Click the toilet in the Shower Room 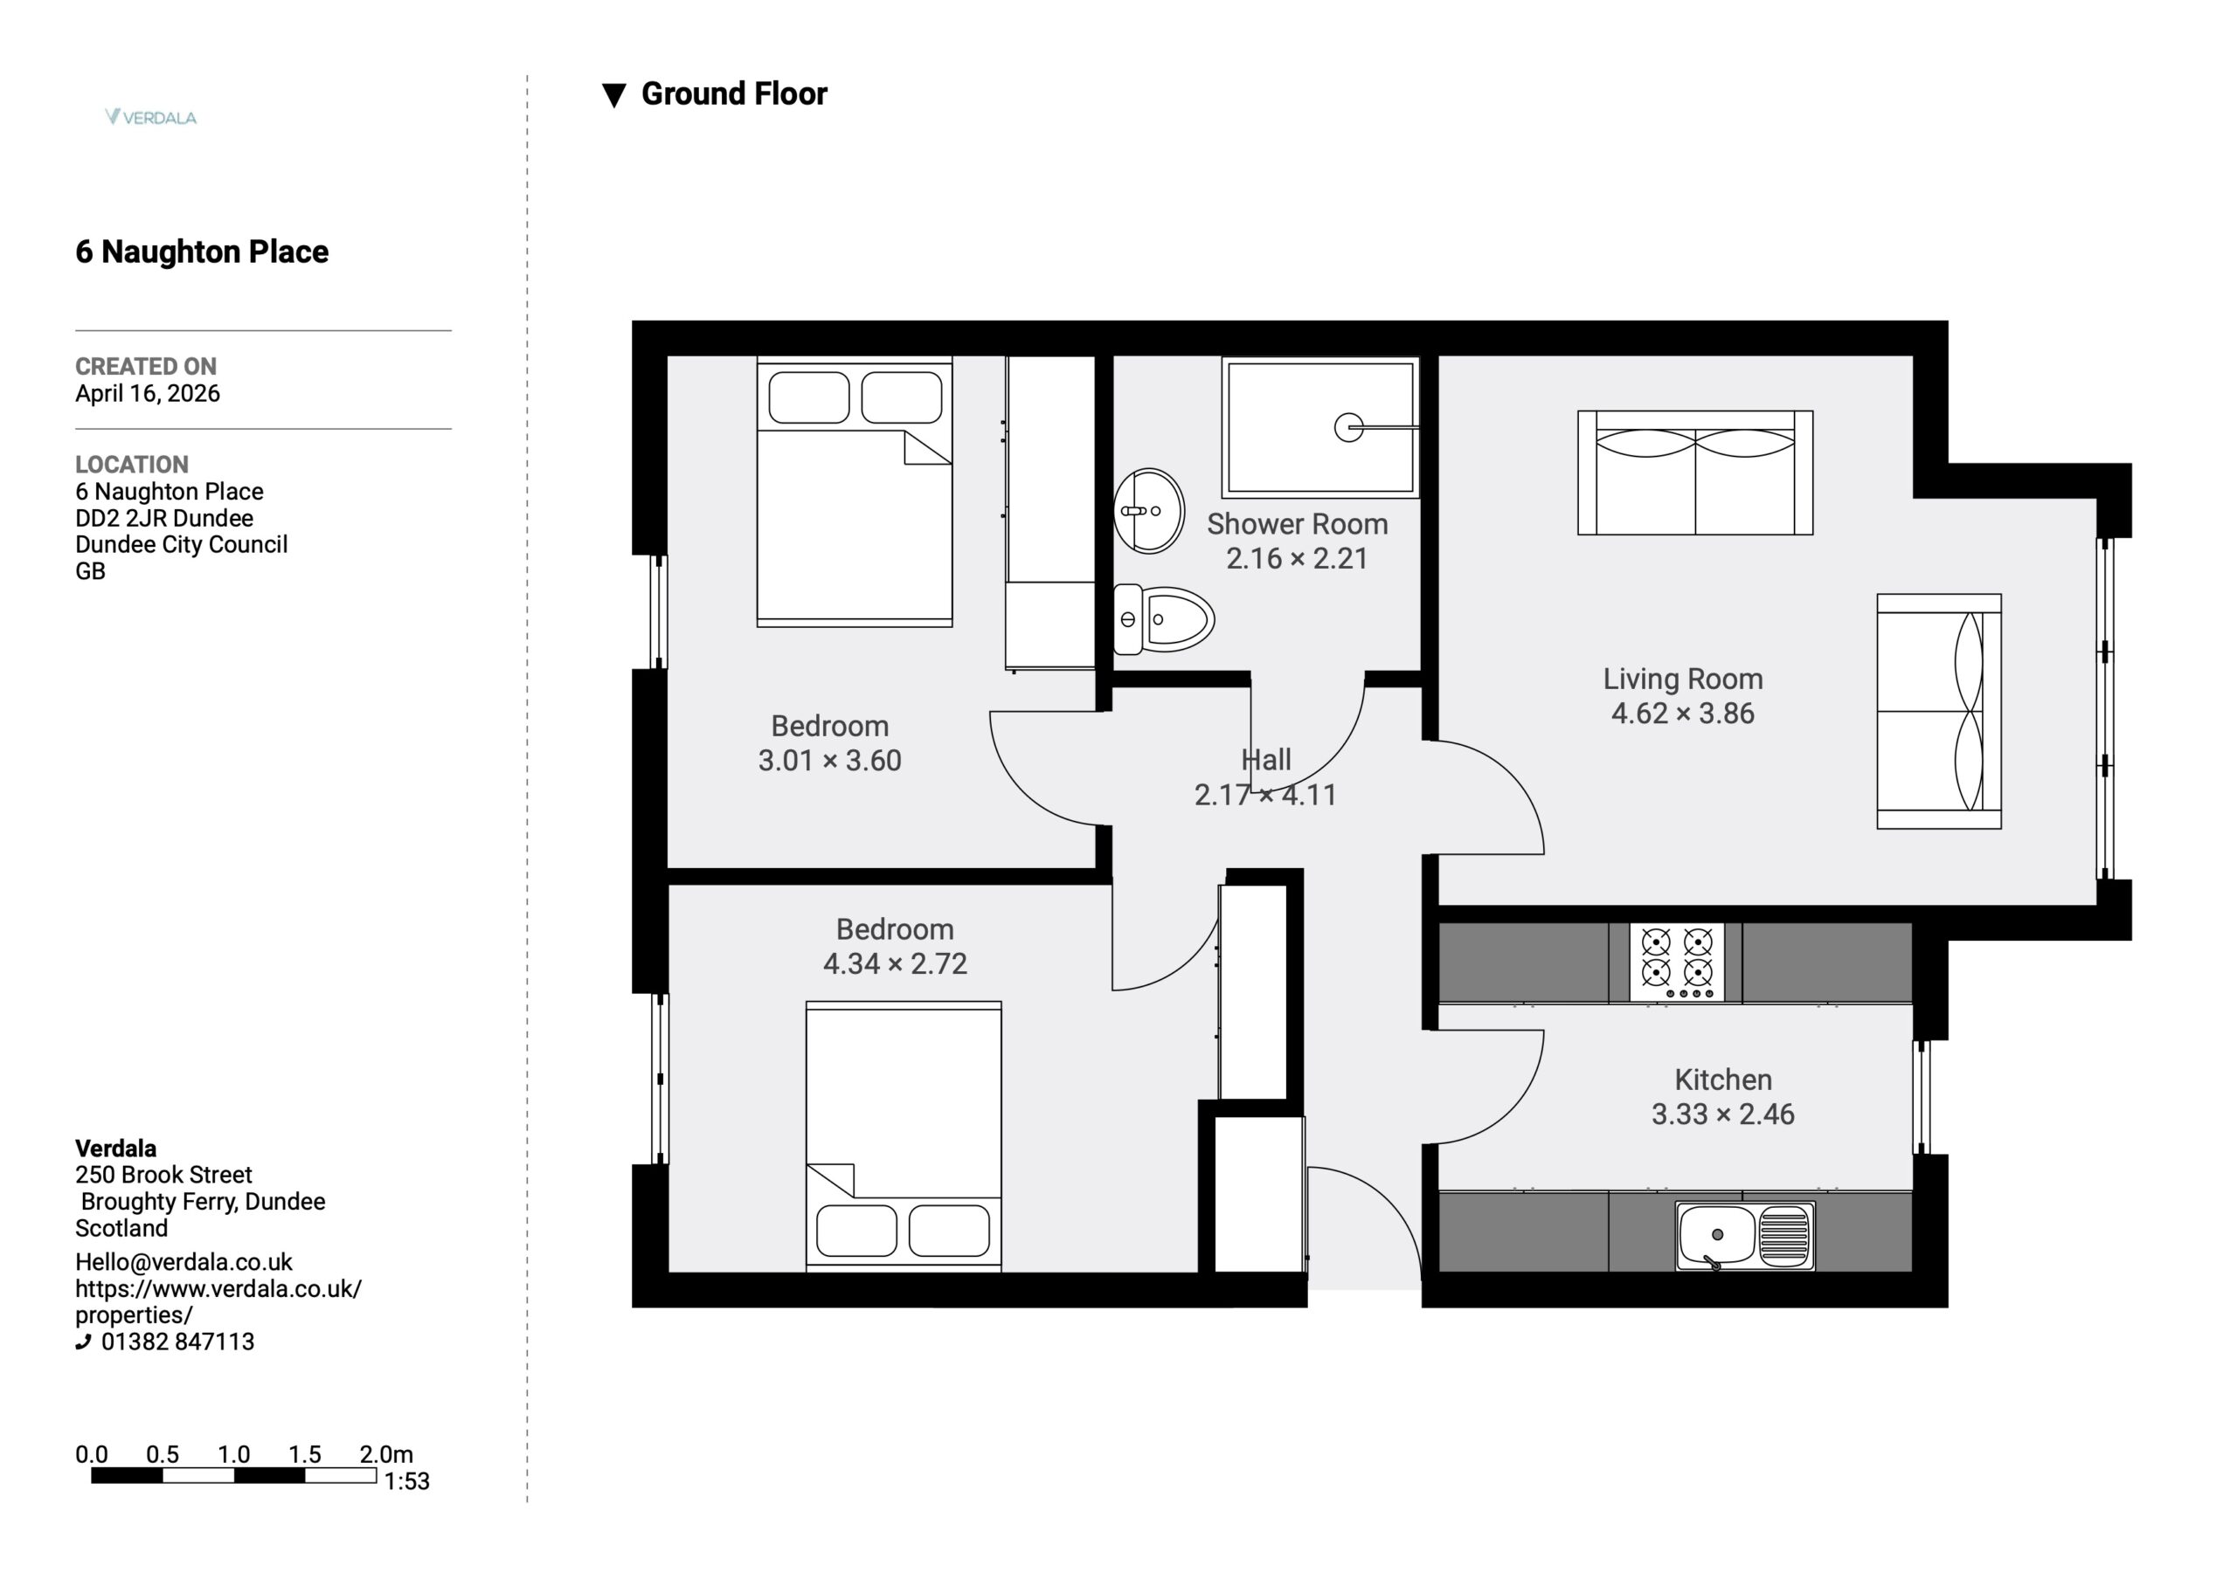[1163, 619]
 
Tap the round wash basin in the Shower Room [1149, 510]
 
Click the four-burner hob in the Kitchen [1676, 962]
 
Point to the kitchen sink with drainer [1745, 1236]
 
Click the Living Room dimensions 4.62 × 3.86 [1683, 713]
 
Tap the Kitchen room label [1722, 1080]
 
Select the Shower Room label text [1297, 524]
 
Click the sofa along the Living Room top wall [1695, 473]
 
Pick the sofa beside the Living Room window [1939, 711]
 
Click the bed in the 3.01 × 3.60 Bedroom [855, 492]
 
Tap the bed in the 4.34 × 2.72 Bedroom [904, 1135]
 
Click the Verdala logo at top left [151, 117]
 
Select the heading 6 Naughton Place [202, 252]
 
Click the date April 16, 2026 [147, 394]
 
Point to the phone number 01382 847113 [177, 1342]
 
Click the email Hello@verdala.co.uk [184, 1262]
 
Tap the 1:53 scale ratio [406, 1480]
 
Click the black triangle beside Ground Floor [613, 95]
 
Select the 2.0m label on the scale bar [386, 1454]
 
